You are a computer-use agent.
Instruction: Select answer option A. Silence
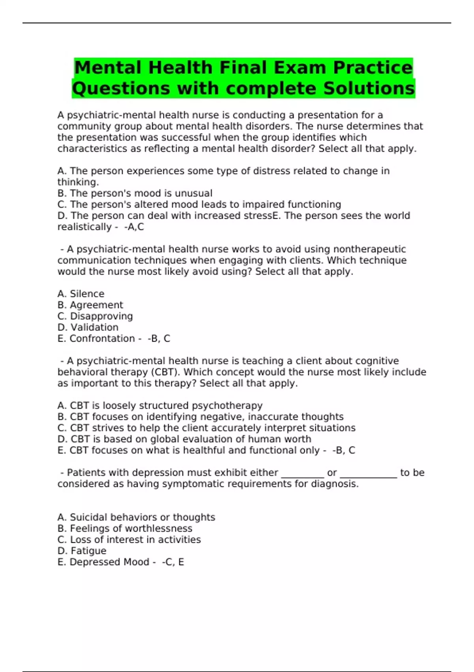point(81,294)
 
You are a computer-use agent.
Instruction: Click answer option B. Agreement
point(90,305)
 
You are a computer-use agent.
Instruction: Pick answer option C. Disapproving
point(95,316)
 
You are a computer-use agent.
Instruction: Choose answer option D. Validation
point(88,327)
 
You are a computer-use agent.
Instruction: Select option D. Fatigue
point(82,551)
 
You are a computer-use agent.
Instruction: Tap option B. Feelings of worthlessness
point(125,529)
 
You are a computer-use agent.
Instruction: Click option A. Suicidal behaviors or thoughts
point(136,517)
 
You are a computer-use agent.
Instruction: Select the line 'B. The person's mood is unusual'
point(135,193)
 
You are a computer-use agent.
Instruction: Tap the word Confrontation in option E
point(102,338)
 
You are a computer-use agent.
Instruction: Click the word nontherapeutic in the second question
point(369,249)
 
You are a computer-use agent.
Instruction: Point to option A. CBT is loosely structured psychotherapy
point(160,406)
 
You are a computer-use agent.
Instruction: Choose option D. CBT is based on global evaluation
point(184,439)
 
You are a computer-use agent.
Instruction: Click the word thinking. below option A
point(78,182)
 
